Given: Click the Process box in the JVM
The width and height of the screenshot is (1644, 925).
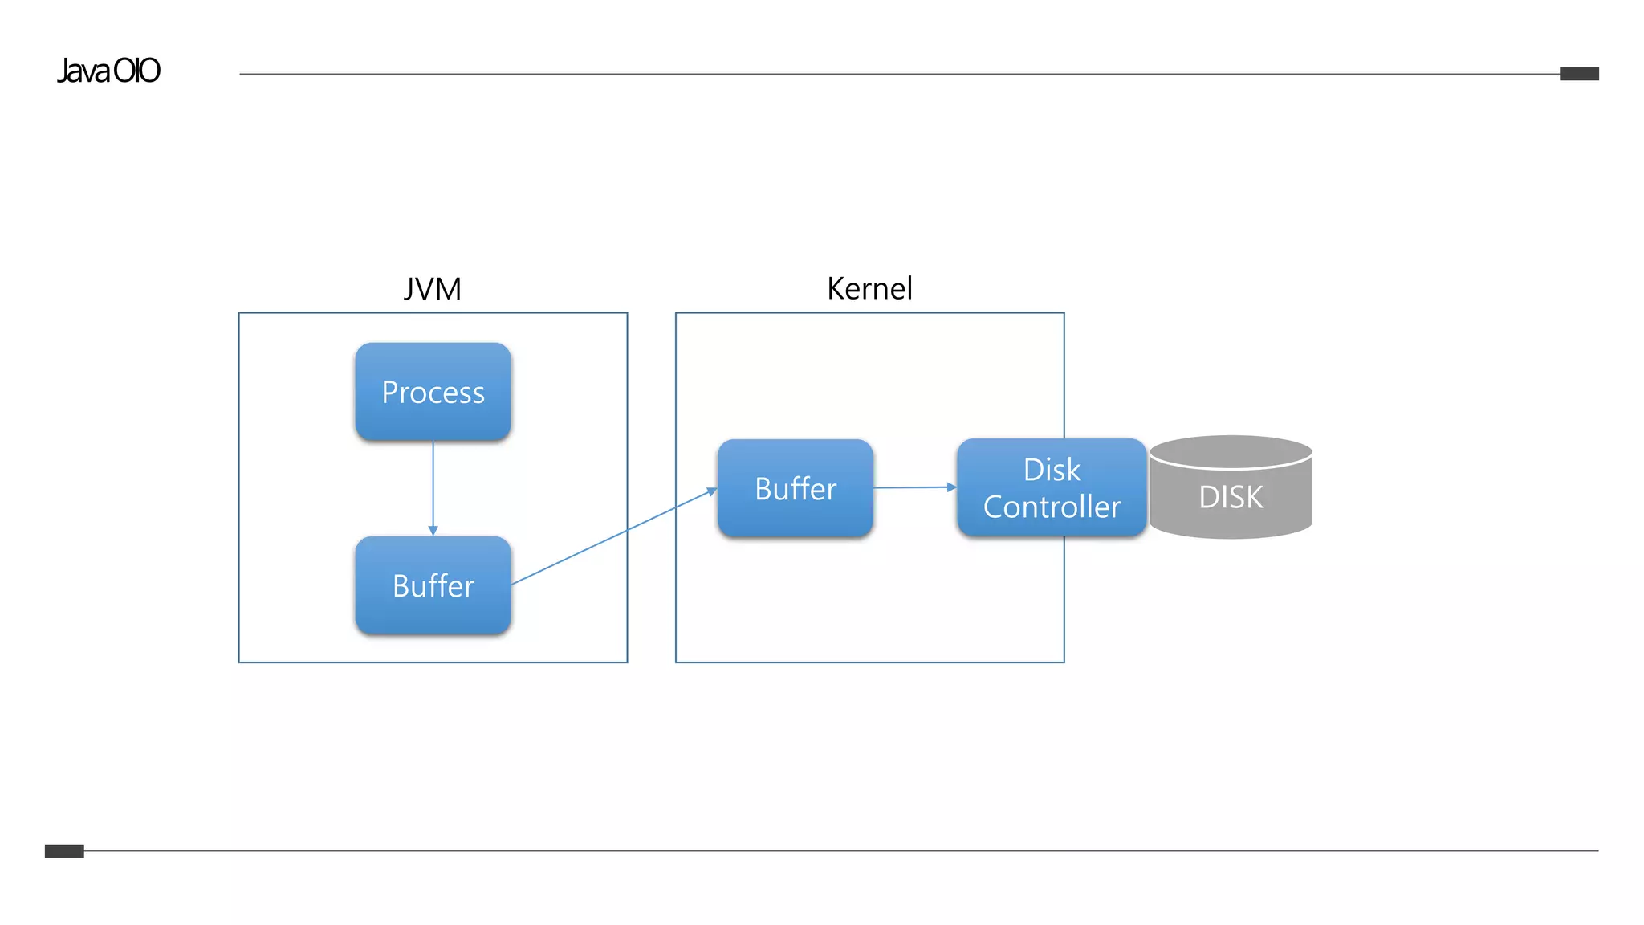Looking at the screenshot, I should pos(433,392).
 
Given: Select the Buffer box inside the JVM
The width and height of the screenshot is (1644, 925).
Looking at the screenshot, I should pos(433,585).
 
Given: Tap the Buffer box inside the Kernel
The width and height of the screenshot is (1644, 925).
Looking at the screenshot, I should pos(795,488).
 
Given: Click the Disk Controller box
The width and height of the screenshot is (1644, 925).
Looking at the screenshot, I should pos(1052,487).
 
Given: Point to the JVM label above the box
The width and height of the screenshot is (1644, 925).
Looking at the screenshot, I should pos(433,289).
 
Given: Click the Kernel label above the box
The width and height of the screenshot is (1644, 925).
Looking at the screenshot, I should pos(869,288).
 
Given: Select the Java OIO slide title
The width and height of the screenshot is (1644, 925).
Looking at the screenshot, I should pos(108,71).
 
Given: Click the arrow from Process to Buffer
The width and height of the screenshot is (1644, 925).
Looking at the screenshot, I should pos(433,486).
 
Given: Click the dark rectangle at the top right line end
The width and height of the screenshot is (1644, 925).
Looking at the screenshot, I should pos(1579,74).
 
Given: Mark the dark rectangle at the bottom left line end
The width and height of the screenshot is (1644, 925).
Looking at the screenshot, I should pos(64,851).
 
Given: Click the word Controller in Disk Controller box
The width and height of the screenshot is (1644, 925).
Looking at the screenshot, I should pos(1052,507).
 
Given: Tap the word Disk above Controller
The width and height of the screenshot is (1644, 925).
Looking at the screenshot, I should pos(1052,470).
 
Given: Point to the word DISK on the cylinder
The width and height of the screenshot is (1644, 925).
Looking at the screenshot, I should pos(1231,497).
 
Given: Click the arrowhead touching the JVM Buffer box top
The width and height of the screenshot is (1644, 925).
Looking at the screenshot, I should pos(433,531).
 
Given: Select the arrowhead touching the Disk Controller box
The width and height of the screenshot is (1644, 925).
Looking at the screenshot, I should pos(952,487).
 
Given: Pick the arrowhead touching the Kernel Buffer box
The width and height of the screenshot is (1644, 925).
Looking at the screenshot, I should pos(712,491).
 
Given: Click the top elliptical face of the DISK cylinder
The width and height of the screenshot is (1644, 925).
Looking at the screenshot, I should pos(1231,451).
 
